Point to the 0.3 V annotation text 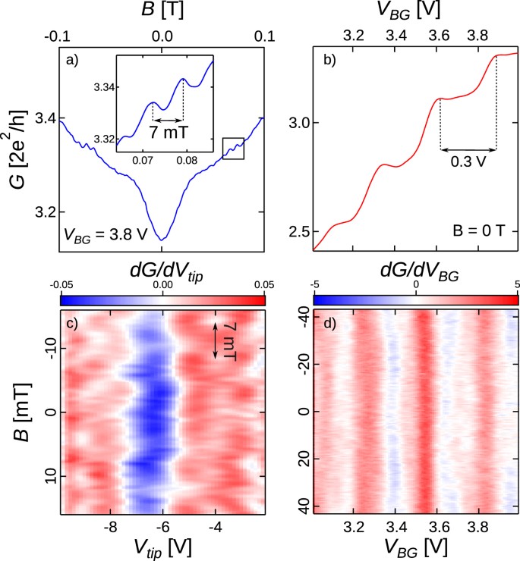click(x=468, y=161)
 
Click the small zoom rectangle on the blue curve click(x=233, y=149)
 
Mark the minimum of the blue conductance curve click(x=162, y=240)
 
